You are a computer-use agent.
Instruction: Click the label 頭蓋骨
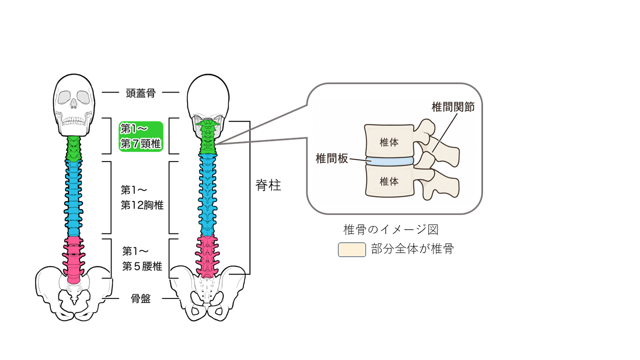click(x=140, y=93)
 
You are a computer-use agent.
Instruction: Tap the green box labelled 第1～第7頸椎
click(x=141, y=136)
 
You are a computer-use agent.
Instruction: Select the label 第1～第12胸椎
click(x=142, y=197)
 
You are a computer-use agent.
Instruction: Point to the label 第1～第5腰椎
click(x=142, y=259)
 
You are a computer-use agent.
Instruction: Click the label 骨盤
click(x=140, y=299)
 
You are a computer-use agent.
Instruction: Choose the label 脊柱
click(x=268, y=185)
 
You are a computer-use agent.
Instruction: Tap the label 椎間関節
click(x=453, y=107)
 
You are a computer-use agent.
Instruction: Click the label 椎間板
click(x=331, y=158)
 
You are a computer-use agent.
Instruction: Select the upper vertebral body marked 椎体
click(x=389, y=140)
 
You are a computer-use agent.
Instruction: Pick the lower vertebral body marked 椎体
click(x=389, y=182)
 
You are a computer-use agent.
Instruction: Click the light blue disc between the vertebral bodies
click(x=389, y=161)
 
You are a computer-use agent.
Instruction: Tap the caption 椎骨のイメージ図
click(x=391, y=229)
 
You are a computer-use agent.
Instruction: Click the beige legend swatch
click(x=351, y=249)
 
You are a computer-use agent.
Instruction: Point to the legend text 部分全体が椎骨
click(x=412, y=249)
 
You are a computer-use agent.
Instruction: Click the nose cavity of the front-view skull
click(x=73, y=103)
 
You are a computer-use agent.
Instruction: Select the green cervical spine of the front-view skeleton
click(x=74, y=148)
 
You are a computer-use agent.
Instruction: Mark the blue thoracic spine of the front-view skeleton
click(x=73, y=198)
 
